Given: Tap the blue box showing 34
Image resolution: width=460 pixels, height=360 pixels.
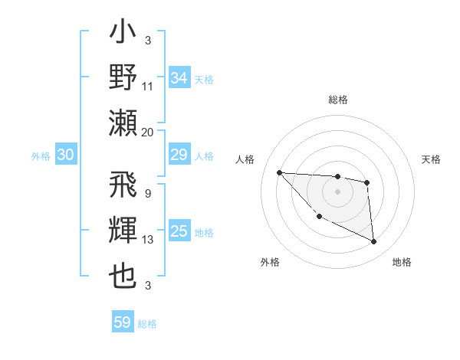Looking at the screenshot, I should pyautogui.click(x=179, y=78).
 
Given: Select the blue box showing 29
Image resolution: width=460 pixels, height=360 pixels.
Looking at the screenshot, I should pyautogui.click(x=179, y=155).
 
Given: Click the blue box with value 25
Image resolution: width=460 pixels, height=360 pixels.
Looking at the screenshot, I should pyautogui.click(x=179, y=231).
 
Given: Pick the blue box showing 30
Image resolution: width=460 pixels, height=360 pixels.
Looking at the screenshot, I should pyautogui.click(x=65, y=155).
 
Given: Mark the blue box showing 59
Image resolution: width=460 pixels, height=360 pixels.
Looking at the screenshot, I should pyautogui.click(x=123, y=322).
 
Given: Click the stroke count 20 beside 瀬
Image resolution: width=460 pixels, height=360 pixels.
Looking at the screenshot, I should pyautogui.click(x=148, y=133).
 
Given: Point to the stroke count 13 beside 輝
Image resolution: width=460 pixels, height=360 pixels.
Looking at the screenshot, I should pyautogui.click(x=148, y=240).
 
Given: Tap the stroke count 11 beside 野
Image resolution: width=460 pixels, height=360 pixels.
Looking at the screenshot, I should pyautogui.click(x=148, y=87).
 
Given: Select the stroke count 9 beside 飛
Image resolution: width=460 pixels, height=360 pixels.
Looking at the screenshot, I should pyautogui.click(x=147, y=194).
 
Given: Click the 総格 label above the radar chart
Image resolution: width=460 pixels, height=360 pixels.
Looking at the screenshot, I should pyautogui.click(x=337, y=100).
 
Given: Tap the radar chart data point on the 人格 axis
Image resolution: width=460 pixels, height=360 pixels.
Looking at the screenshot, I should pyautogui.click(x=279, y=172).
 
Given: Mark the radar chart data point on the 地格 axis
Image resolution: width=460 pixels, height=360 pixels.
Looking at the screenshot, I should pyautogui.click(x=374, y=242).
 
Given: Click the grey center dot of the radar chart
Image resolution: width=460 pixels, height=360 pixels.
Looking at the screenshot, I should pyautogui.click(x=337, y=191).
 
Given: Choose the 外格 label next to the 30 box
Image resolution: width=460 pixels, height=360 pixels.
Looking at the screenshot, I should pyautogui.click(x=41, y=156).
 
